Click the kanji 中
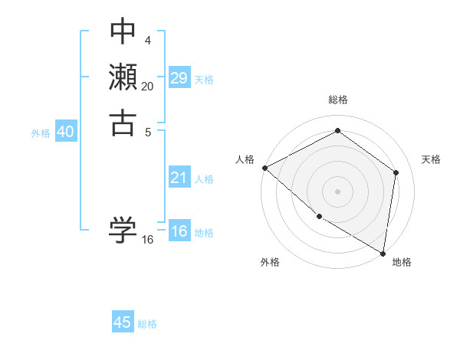tap(123, 32)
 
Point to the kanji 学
tap(123, 229)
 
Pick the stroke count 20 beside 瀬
tap(147, 87)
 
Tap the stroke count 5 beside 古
tap(147, 131)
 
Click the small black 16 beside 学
tap(147, 240)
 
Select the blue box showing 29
tap(179, 78)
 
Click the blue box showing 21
tap(179, 178)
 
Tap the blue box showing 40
tap(66, 132)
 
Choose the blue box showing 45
tap(123, 322)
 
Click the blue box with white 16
tap(179, 232)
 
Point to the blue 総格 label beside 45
tap(147, 324)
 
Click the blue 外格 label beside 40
tap(41, 133)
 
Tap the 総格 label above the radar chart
tap(338, 100)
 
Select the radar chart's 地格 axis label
tap(402, 262)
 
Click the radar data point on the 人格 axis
tap(264, 167)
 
